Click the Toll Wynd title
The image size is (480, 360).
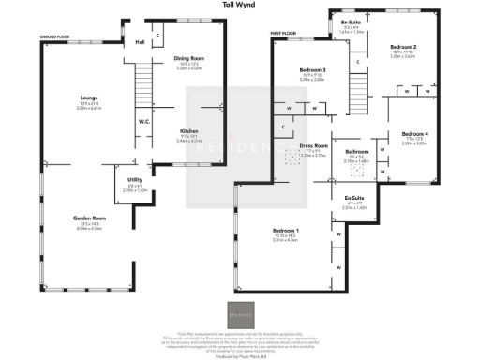click(x=239, y=5)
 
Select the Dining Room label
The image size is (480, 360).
click(x=189, y=59)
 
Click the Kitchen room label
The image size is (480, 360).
click(x=189, y=132)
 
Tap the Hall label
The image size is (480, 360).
click(x=140, y=42)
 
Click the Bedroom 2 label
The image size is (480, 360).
click(x=402, y=46)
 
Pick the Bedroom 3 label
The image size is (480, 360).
click(x=312, y=70)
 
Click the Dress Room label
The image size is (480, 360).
click(x=313, y=146)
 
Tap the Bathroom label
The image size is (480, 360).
click(x=356, y=151)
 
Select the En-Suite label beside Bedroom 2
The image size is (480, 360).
click(x=352, y=22)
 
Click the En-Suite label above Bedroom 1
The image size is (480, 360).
click(x=354, y=198)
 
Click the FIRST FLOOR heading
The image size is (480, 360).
click(x=284, y=34)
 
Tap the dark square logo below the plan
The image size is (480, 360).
click(x=239, y=315)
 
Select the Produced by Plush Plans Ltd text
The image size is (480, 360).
click(x=239, y=355)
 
